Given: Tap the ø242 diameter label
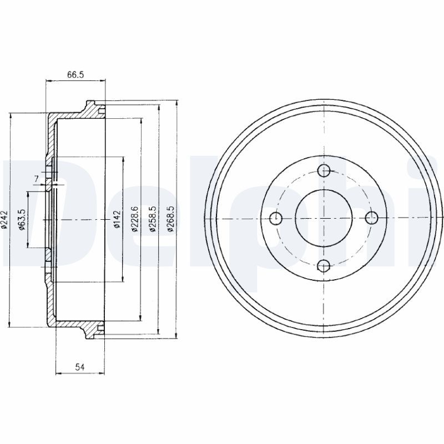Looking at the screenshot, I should point(4,219).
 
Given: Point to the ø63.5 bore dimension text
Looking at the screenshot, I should point(21,219).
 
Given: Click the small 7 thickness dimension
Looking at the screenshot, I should point(37,178).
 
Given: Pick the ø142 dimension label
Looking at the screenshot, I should point(117,219).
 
